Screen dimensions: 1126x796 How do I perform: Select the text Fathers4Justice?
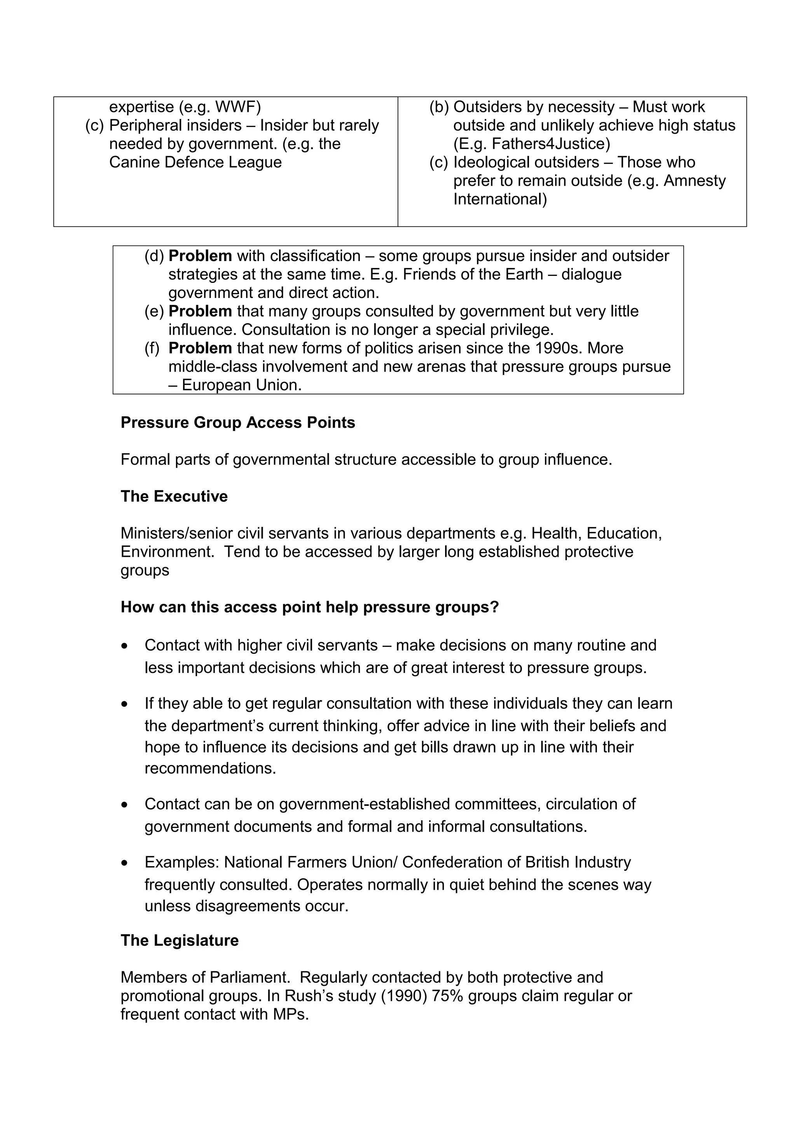[550, 144]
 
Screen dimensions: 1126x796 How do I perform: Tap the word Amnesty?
[694, 180]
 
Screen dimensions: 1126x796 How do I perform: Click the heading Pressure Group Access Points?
[238, 423]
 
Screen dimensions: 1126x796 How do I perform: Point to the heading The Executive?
[174, 496]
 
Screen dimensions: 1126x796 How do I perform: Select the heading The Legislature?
[180, 940]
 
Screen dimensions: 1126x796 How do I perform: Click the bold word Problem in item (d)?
[200, 256]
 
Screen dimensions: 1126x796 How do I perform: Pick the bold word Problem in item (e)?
[200, 311]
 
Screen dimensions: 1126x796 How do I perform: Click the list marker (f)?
[152, 348]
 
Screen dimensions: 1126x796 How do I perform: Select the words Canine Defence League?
[195, 162]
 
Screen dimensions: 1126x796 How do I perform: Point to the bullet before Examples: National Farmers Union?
[126, 863]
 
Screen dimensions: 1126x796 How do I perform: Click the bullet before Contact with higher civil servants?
[126, 646]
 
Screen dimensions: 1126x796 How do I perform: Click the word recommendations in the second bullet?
[209, 768]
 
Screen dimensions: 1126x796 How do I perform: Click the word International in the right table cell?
[499, 199]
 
